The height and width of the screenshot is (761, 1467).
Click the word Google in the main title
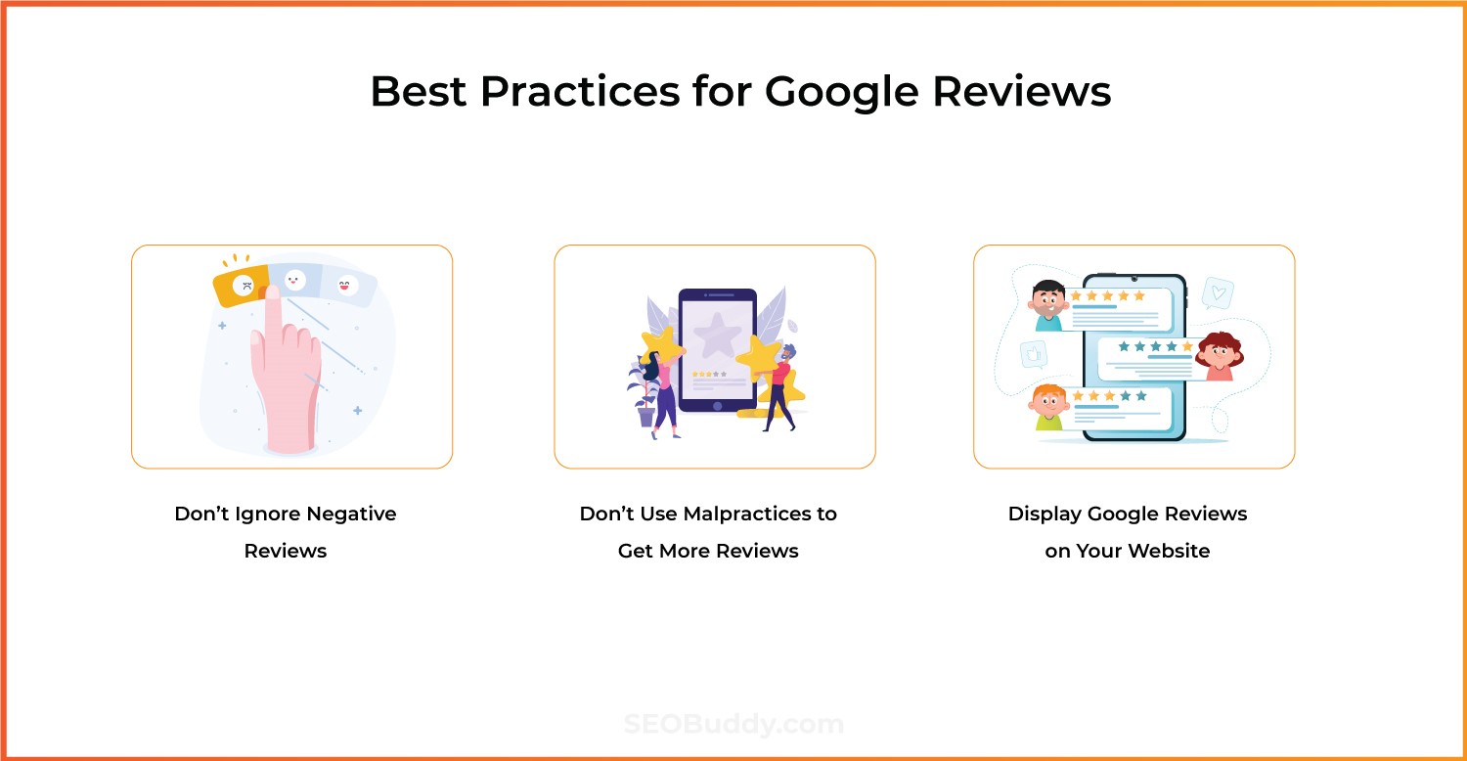coord(840,92)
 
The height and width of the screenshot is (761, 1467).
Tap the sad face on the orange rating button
coord(244,286)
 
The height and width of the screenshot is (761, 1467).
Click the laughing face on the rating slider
coord(344,285)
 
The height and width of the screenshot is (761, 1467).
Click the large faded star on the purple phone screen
coord(717,336)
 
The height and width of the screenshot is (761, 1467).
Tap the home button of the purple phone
coord(717,404)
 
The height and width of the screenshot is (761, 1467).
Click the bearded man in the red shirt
coord(781,386)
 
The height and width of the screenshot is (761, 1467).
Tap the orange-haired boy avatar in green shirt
coord(1048,407)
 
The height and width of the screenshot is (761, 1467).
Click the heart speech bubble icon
coord(1218,292)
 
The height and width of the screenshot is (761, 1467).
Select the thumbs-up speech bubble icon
coord(1033,353)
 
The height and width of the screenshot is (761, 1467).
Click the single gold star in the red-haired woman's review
coord(1187,346)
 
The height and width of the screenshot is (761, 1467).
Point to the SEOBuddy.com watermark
coord(733,725)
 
